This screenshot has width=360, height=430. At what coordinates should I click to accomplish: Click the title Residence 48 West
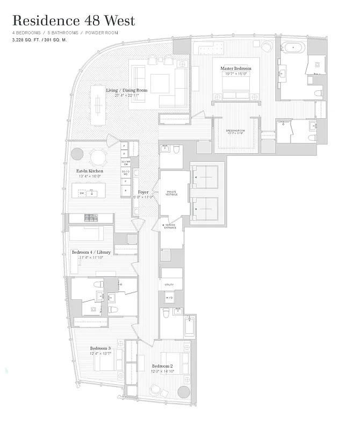pyautogui.click(x=73, y=21)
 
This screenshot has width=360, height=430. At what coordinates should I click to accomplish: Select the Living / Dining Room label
pyautogui.click(x=126, y=90)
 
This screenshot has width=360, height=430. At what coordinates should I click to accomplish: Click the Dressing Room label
pyautogui.click(x=236, y=131)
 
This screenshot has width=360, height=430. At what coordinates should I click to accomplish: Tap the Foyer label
pyautogui.click(x=143, y=192)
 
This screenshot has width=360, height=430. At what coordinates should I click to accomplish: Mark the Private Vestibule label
pyautogui.click(x=171, y=193)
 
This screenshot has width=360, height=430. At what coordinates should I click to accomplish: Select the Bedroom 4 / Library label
pyautogui.click(x=91, y=252)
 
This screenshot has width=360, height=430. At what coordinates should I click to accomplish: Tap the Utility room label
pyautogui.click(x=169, y=285)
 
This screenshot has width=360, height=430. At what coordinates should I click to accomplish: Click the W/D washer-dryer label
pyautogui.click(x=169, y=298)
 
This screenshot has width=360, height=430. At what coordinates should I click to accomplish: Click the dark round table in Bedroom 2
pyautogui.click(x=184, y=391)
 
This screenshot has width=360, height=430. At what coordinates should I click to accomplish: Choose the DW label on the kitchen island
pyautogui.click(x=82, y=193)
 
